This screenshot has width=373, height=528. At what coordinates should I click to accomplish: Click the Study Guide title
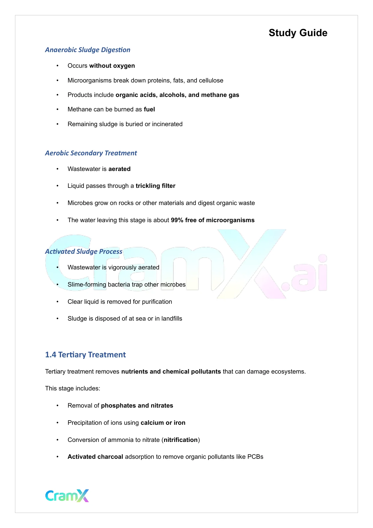(298, 33)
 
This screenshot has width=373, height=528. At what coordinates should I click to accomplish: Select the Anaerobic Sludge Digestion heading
(87, 50)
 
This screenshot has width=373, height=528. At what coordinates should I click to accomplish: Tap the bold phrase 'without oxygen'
(112, 66)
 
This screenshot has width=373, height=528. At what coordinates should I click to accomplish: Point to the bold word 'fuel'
(149, 110)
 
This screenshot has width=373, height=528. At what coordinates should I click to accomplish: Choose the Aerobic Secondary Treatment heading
(91, 153)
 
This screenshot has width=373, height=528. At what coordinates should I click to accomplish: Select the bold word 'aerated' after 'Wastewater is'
(119, 169)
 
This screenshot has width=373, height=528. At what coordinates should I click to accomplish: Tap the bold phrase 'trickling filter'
(155, 186)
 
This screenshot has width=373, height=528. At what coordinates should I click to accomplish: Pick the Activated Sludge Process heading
(84, 252)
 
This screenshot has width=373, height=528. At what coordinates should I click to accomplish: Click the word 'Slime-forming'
(87, 285)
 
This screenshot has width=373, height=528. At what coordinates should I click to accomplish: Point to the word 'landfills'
(172, 319)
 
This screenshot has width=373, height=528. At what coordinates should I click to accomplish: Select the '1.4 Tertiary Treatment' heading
(85, 355)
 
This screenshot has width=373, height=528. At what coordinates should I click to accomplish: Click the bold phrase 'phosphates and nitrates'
(137, 406)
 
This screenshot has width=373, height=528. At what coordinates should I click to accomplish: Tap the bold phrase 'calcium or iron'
(163, 423)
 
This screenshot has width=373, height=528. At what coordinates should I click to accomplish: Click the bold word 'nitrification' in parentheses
(181, 440)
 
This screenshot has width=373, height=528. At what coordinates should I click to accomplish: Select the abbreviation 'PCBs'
(255, 457)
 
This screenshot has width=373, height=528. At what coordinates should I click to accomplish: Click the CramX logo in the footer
(67, 496)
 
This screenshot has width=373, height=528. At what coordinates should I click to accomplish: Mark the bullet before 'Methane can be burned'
(57, 110)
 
